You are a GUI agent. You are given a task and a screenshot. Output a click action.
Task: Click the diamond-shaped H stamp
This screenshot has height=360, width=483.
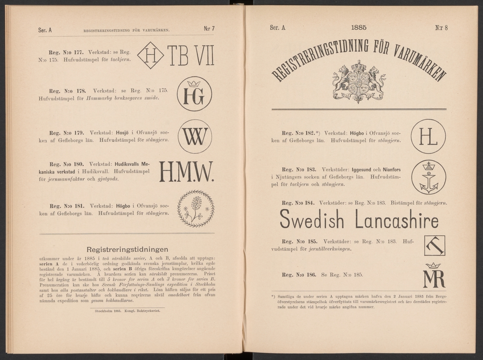tap(150, 56)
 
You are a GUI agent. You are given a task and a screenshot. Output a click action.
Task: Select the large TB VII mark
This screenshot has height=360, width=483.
tap(190, 56)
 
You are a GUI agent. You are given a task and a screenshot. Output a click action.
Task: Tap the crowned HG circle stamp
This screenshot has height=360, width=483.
tap(194, 94)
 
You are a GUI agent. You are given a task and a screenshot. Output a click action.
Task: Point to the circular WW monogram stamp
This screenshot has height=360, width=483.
tap(195, 136)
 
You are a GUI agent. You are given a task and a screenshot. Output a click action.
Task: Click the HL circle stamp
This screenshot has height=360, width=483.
tap(428, 136)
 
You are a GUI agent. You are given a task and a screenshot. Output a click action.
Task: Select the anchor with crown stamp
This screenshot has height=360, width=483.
tap(428, 177)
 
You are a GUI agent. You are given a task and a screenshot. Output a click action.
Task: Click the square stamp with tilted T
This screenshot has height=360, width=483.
tap(435, 245)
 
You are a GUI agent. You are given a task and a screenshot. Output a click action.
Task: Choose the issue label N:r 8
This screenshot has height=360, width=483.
tap(441, 28)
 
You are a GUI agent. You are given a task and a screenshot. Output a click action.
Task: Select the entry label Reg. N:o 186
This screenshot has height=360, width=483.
tap(300, 276)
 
